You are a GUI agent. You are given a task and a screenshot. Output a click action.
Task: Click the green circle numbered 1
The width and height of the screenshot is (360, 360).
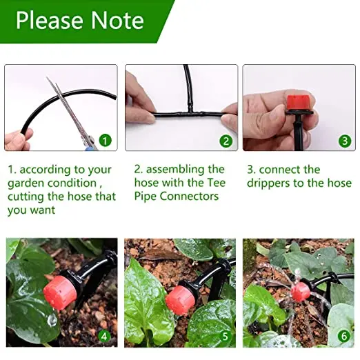point(105,141)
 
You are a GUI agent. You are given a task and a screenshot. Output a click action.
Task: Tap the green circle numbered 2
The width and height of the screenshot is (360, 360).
point(226,141)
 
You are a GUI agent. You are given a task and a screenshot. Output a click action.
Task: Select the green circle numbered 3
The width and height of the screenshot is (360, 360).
point(345,141)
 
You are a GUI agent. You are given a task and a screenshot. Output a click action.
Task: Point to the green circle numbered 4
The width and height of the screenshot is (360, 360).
point(105,337)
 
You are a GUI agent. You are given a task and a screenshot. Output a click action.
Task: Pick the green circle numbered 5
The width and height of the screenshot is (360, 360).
point(226,337)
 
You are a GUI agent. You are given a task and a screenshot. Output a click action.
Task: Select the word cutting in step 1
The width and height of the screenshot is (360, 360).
point(29,197)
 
